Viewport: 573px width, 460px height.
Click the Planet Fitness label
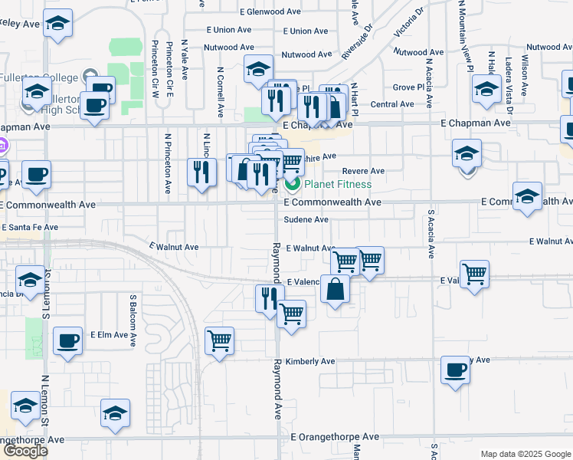click(x=338, y=184)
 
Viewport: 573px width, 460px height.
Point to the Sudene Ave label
click(x=306, y=219)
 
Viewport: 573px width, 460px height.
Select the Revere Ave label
click(x=363, y=171)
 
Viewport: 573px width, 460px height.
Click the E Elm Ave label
click(x=109, y=335)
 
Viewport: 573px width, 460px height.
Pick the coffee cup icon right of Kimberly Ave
click(x=456, y=370)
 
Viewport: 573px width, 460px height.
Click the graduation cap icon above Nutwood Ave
click(x=259, y=68)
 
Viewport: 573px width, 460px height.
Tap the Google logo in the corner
click(x=25, y=451)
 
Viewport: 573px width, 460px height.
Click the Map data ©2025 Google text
click(x=526, y=454)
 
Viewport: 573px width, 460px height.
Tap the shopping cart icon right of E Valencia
click(x=475, y=272)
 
